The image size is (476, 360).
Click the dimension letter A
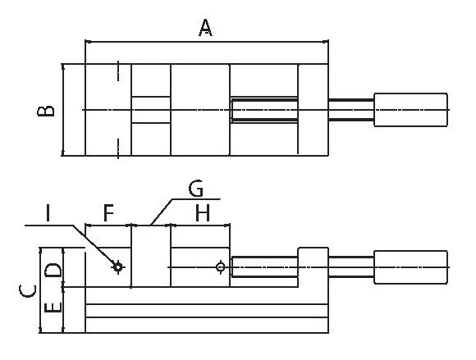(205, 28)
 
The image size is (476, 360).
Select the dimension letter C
(27, 291)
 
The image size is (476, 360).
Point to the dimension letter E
(53, 308)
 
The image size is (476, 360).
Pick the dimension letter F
(108, 213)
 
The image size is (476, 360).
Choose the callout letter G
(196, 189)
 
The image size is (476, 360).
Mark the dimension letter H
(203, 213)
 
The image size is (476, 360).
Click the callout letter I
(48, 213)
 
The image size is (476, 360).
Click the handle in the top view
(410, 110)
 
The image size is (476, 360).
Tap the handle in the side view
(410, 267)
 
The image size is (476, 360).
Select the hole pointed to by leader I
(118, 267)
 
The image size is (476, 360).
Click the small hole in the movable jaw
(221, 267)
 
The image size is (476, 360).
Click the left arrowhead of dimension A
(88, 41)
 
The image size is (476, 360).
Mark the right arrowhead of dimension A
(326, 41)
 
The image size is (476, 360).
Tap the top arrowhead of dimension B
(63, 67)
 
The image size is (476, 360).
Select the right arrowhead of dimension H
(227, 225)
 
